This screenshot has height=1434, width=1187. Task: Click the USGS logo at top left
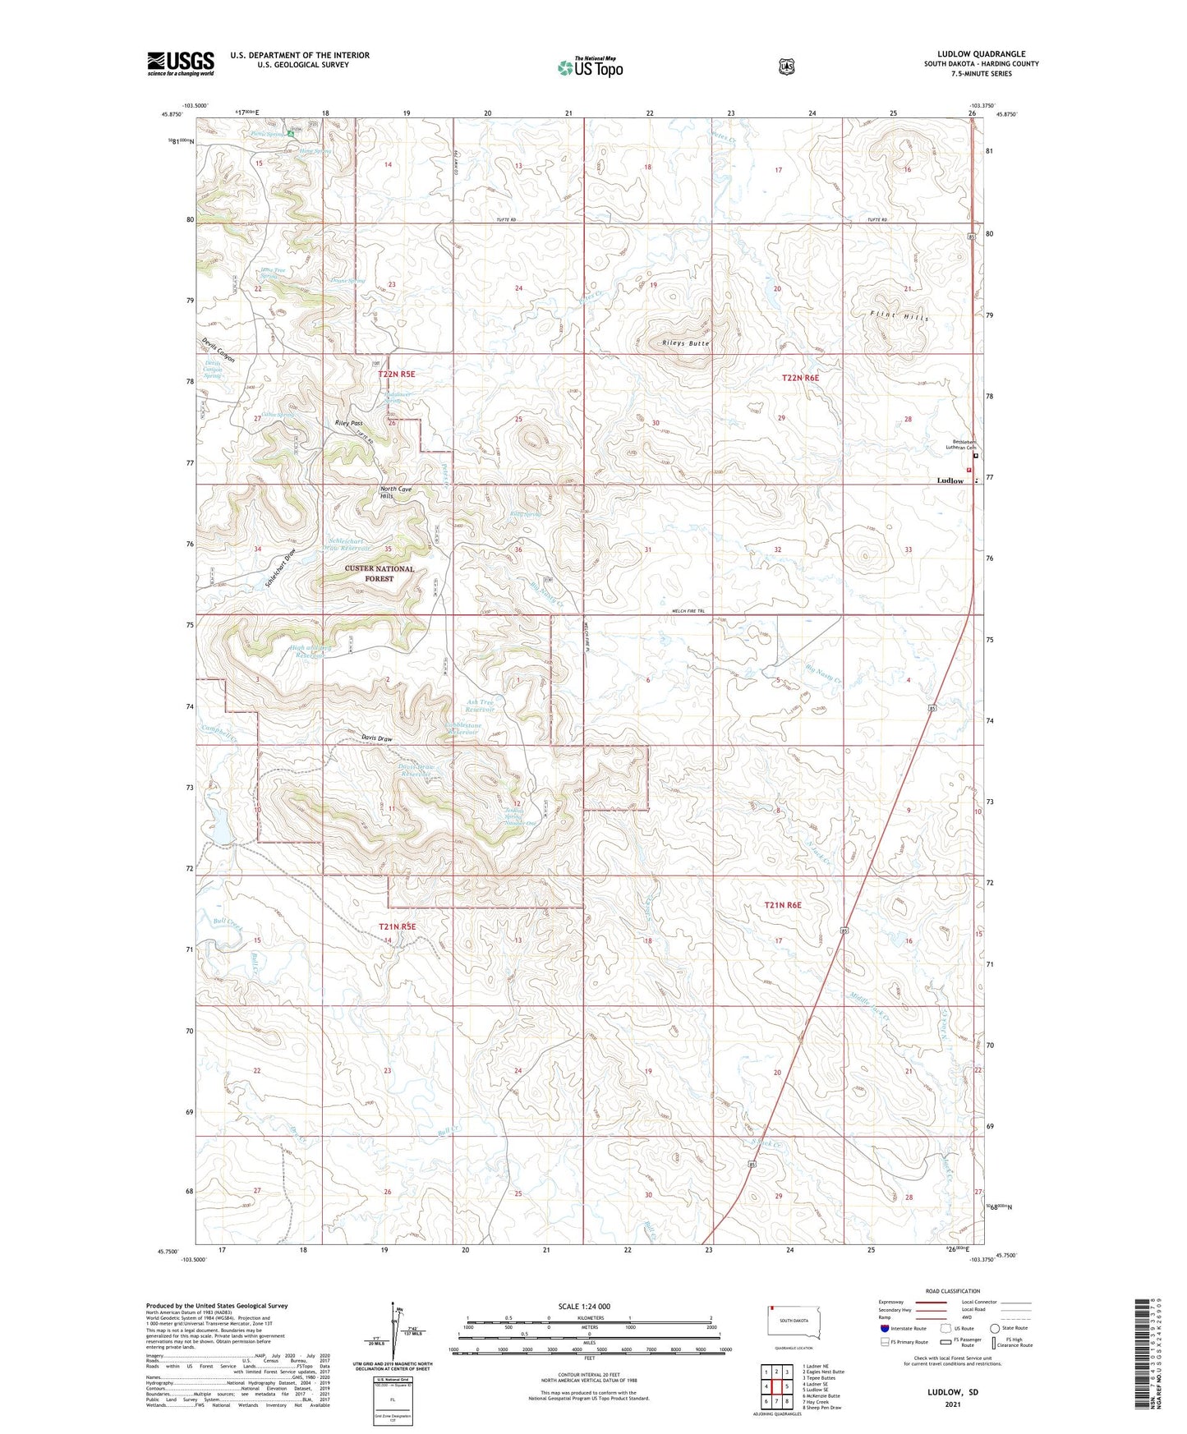click(x=181, y=63)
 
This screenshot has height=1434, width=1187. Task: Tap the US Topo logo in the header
click(x=590, y=67)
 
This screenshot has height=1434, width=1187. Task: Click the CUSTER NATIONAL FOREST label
click(x=380, y=573)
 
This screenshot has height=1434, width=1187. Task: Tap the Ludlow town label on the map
click(x=950, y=480)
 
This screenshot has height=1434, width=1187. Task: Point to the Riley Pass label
click(x=348, y=423)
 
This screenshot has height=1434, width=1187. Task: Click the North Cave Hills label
click(x=396, y=493)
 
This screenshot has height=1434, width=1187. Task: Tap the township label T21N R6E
click(x=782, y=905)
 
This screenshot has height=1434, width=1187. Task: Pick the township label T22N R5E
click(x=397, y=375)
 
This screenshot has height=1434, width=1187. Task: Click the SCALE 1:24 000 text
click(x=584, y=1307)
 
